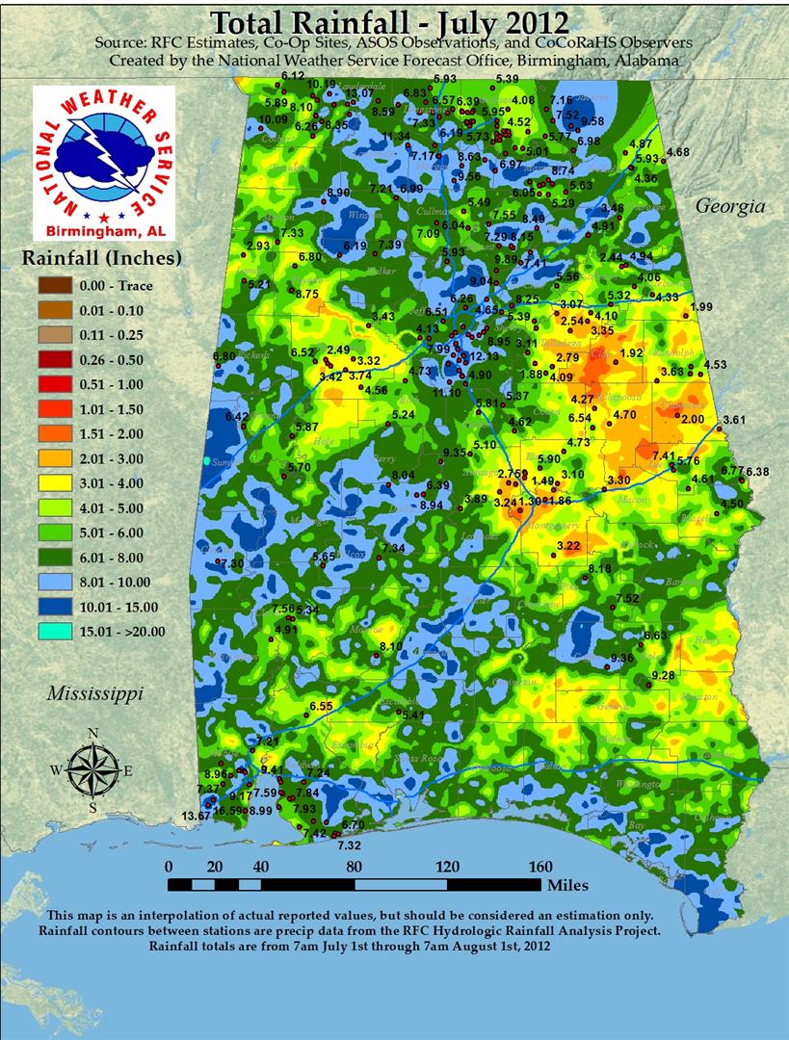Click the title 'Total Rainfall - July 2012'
(x=389, y=21)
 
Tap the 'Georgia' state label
(x=730, y=205)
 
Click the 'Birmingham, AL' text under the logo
(x=104, y=231)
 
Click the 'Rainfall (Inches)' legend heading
(x=101, y=258)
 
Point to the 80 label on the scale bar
(x=354, y=865)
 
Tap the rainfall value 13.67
(x=197, y=816)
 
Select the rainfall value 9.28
(x=663, y=676)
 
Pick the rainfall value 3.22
(x=569, y=546)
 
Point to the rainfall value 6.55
(x=321, y=706)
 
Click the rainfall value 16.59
(x=228, y=811)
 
